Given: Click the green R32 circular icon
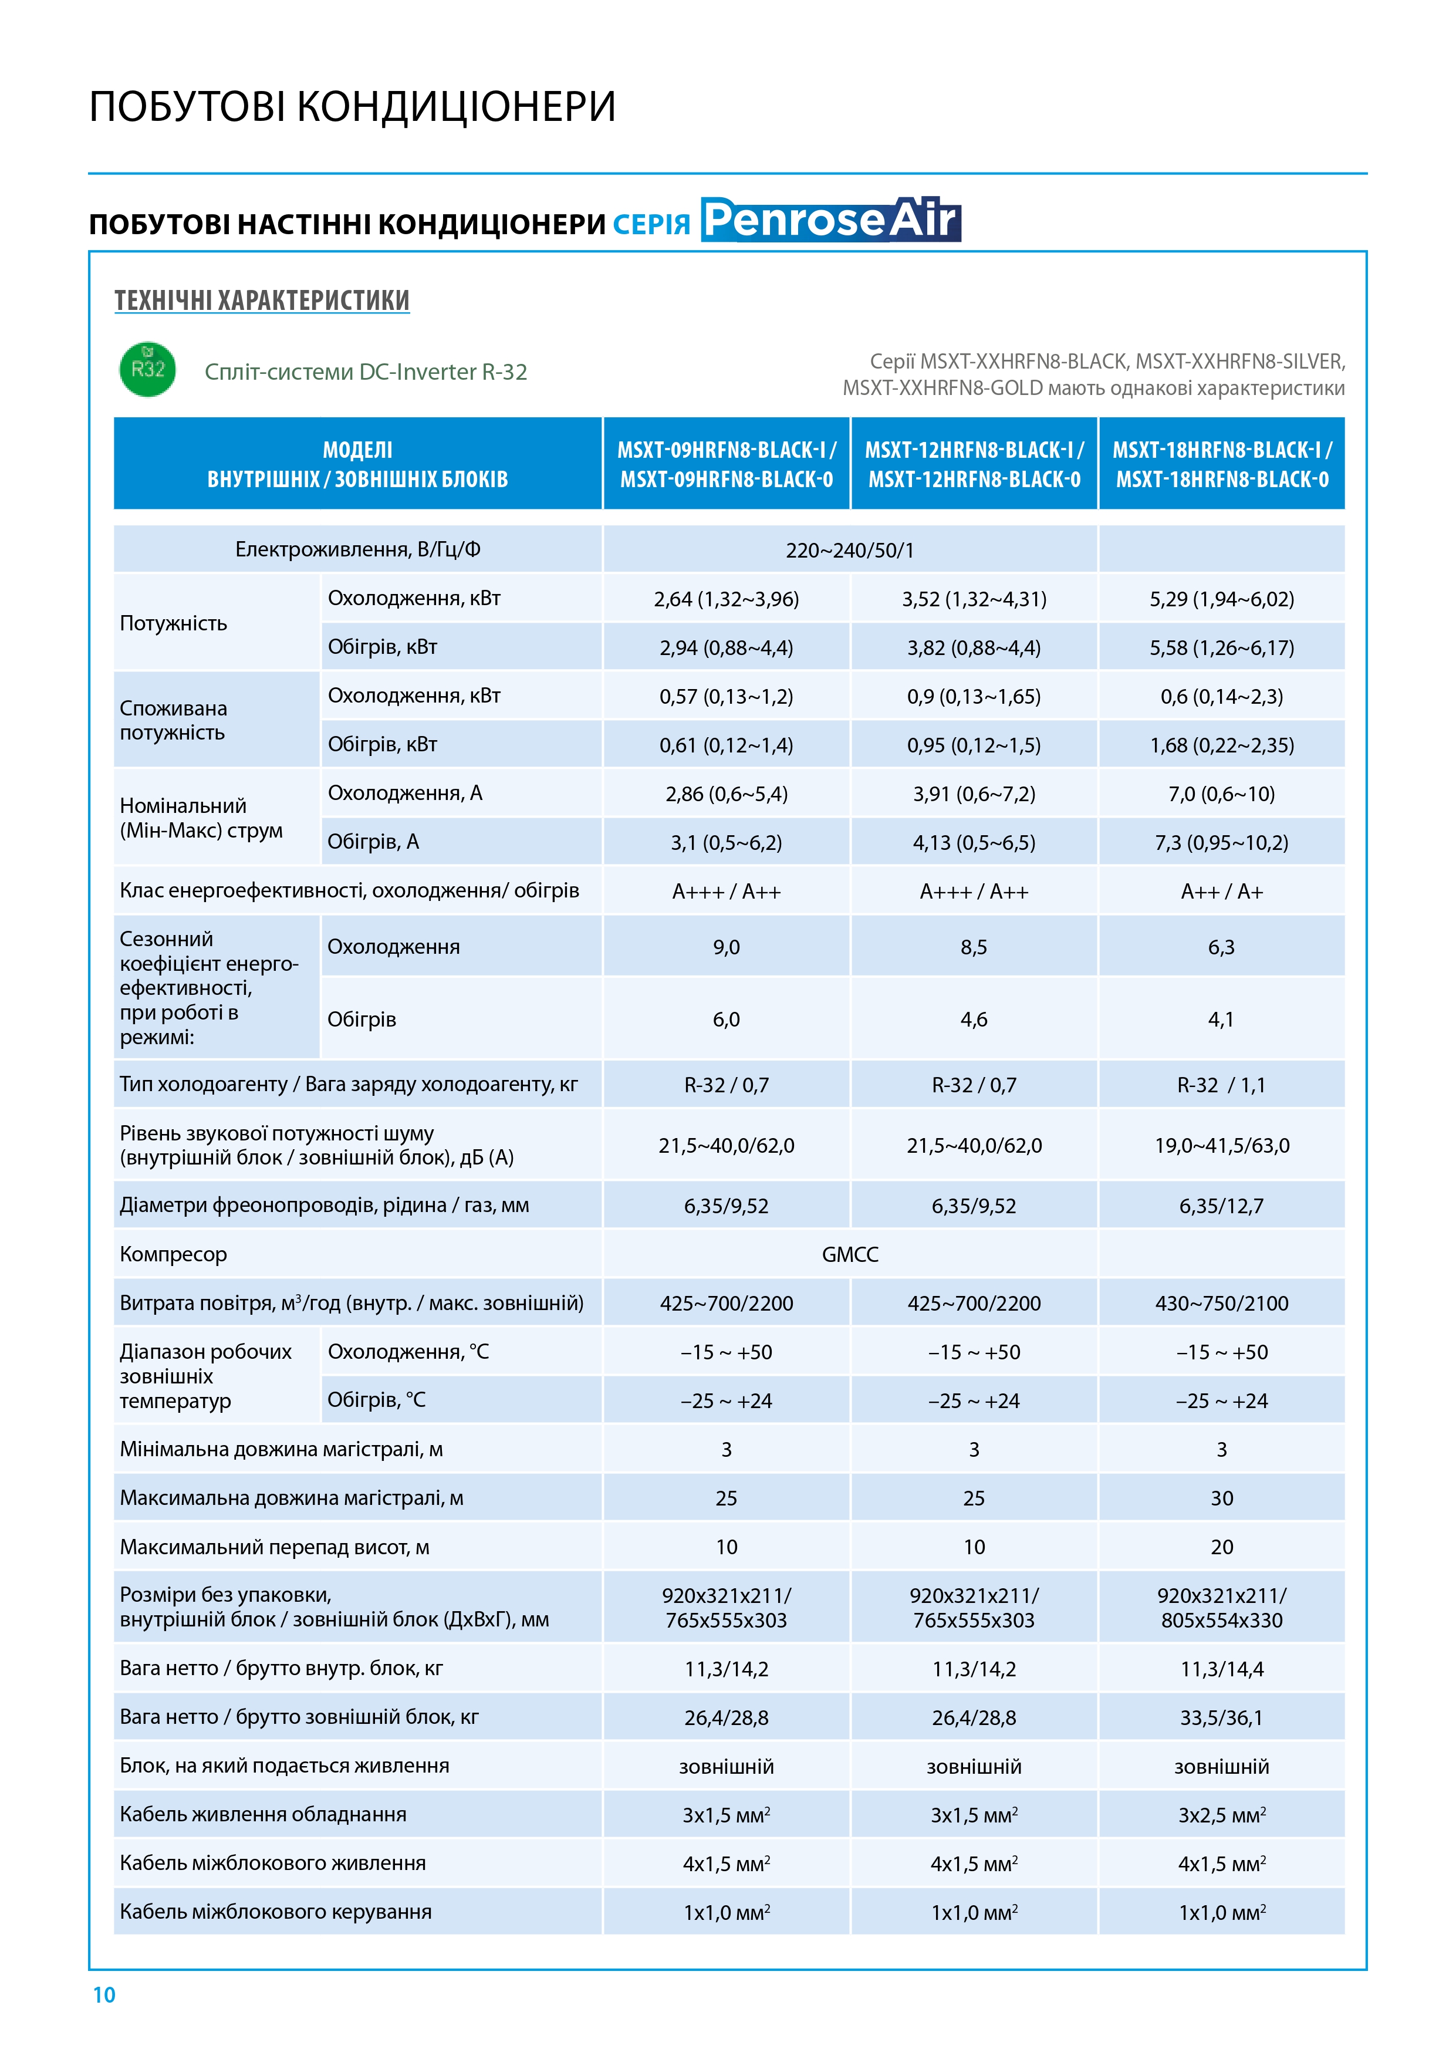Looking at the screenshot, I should point(147,369).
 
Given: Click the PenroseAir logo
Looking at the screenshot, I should point(830,220).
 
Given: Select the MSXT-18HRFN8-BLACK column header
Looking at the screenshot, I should point(1221,464).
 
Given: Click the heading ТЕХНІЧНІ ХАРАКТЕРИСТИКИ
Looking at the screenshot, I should point(262,301).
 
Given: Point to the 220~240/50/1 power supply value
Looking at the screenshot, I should point(849,550).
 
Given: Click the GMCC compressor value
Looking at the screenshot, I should point(849,1254).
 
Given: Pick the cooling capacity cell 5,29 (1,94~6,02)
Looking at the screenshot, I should point(1221,599).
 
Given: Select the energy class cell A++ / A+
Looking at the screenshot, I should point(1221,892).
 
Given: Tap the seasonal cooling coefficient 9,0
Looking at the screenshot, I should point(726,947).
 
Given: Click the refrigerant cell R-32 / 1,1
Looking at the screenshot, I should point(1221,1085).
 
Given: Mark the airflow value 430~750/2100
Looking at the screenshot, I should point(1221,1303).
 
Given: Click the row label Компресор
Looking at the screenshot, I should point(174,1254).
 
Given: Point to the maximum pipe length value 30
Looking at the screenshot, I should point(1221,1498).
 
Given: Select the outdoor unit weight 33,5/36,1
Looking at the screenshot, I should point(1221,1717).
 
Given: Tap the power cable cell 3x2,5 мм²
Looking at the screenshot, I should point(1221,1815).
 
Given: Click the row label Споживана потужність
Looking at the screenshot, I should point(174,720).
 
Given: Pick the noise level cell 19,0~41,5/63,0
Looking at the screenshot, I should point(1221,1145).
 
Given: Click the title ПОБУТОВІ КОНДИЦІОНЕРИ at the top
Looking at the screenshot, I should point(352,107).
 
